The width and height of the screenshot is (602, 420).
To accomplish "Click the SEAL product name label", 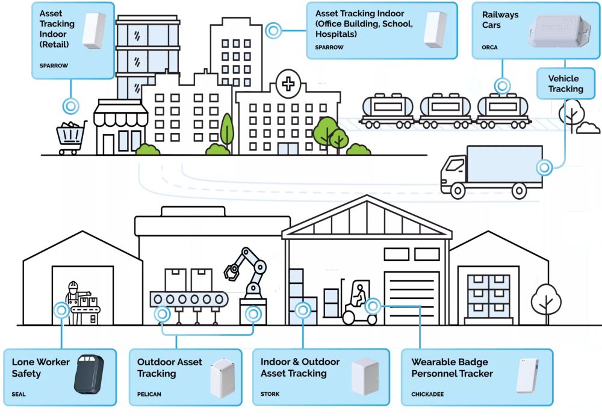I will click(18, 395).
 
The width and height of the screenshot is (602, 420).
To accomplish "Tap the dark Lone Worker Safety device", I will click(88, 374).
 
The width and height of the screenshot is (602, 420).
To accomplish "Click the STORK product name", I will click(270, 395).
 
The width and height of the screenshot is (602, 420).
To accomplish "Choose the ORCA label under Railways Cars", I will click(489, 47).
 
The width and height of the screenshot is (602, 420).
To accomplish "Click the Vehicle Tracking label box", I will click(565, 84).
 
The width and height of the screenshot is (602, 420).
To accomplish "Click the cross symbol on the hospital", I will click(288, 84).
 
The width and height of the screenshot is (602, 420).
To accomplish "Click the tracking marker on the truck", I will click(544, 168).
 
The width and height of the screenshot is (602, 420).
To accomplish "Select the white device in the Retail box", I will click(93, 30).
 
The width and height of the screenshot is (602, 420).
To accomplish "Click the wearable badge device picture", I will click(527, 375).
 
